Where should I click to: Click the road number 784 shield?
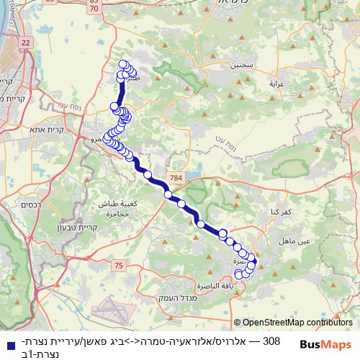point(176,177)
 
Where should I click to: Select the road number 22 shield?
point(27,43)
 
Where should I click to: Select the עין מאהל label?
point(315,242)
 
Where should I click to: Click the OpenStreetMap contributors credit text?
point(297,323)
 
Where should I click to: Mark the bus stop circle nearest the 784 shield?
point(168,194)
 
